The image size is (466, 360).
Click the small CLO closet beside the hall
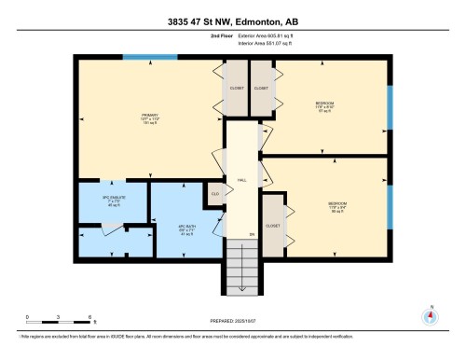coord(214,194)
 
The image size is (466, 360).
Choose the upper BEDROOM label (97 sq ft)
coord(324,105)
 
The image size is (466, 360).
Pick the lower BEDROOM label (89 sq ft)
coord(337,207)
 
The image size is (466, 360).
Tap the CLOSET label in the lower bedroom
coord(273,225)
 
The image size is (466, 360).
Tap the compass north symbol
coord(430,315)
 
